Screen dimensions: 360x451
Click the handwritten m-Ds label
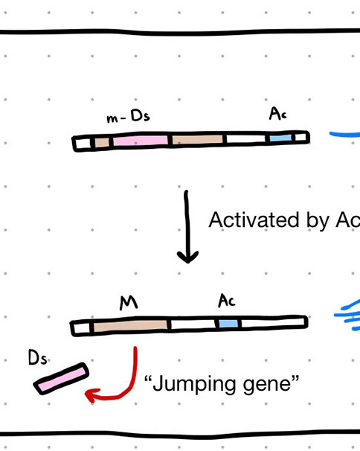pos(128,117)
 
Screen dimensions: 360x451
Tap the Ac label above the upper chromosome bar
pos(277,114)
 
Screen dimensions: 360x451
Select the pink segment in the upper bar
pos(141,141)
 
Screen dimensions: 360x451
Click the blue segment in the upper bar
pos(280,138)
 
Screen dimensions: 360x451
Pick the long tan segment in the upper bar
pos(197,139)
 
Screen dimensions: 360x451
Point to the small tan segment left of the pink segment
pos(102,142)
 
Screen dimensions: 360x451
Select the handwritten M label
pos(129,303)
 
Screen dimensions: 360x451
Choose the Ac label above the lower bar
pos(227,301)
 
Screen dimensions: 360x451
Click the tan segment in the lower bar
pos(130,325)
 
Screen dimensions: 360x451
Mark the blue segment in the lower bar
pos(228,323)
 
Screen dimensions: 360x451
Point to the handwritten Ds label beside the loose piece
pos(37,357)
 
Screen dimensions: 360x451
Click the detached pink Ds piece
pos(61,379)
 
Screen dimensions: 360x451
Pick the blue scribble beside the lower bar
pos(347,315)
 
